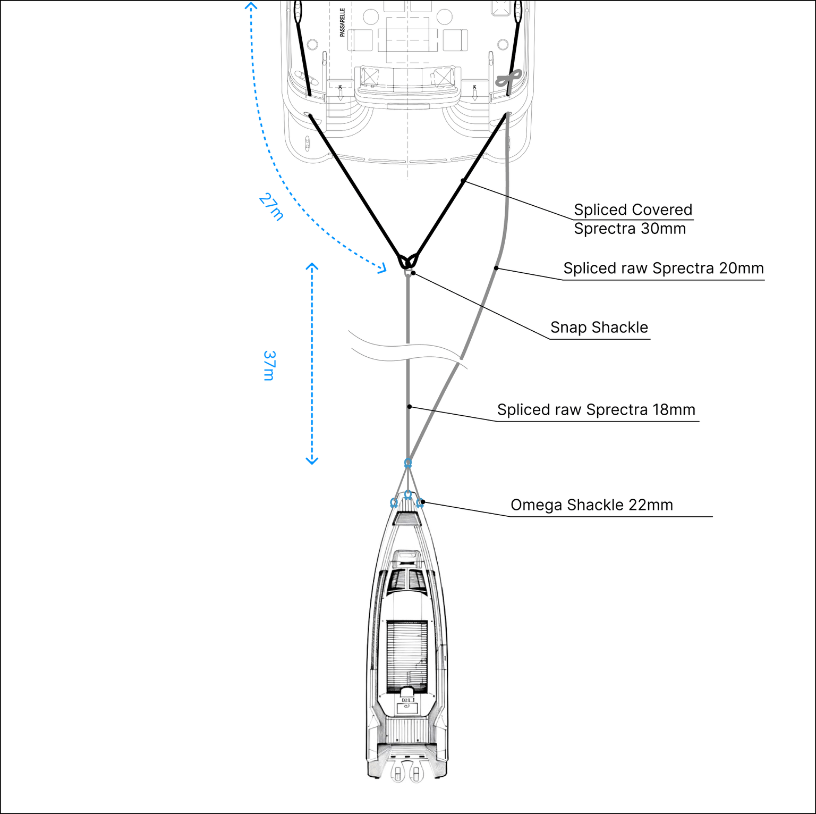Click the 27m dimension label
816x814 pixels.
point(271,207)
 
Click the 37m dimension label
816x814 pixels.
point(269,365)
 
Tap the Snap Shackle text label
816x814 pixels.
point(599,328)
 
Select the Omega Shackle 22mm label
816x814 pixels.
point(591,505)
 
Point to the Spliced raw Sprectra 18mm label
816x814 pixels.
point(596,410)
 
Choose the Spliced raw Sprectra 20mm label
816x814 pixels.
point(663,268)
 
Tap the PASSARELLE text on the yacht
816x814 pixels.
point(342,22)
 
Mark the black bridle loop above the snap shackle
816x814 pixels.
point(407,261)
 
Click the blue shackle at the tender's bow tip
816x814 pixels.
point(407,495)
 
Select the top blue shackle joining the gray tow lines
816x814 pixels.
point(407,463)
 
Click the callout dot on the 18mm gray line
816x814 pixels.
point(410,407)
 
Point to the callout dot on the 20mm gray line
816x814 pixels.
point(496,268)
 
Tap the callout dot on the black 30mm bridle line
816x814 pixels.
point(463,181)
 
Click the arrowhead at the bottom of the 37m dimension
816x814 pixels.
point(312,460)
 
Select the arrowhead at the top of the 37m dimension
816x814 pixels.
point(312,266)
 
